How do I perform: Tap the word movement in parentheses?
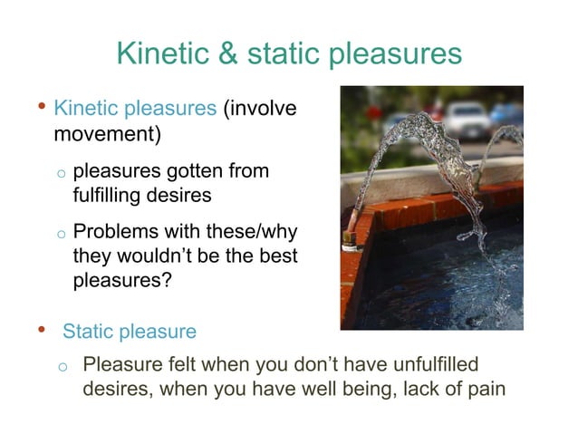(103, 134)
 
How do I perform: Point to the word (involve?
(260, 110)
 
